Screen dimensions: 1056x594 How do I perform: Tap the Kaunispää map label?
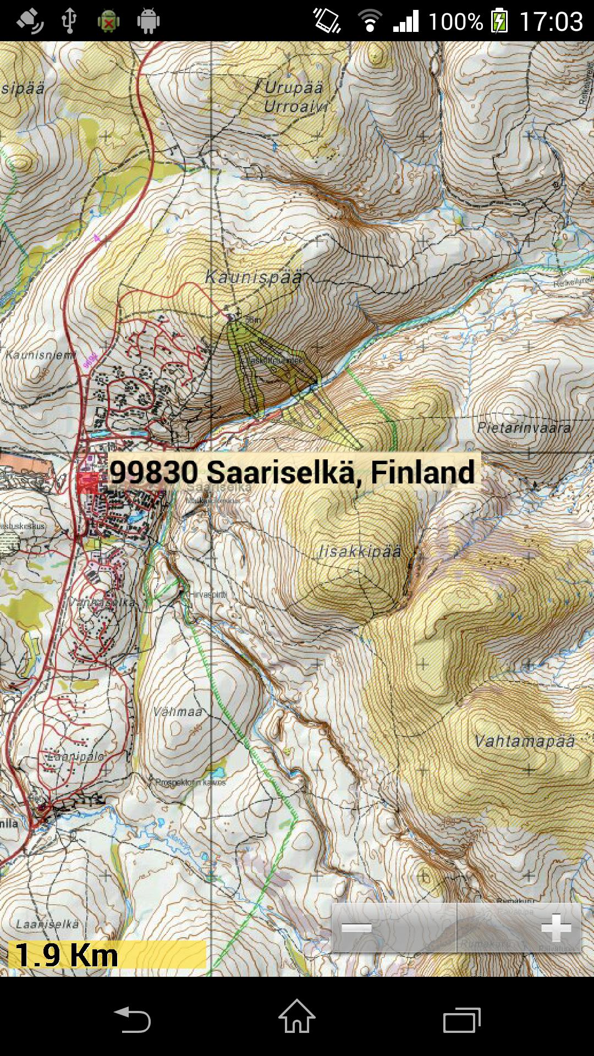click(254, 277)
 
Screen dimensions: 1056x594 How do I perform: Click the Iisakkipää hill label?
click(360, 552)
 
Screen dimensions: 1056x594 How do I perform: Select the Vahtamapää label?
click(524, 741)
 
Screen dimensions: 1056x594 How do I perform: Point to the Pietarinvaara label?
click(524, 428)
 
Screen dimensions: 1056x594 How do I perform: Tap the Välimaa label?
click(178, 712)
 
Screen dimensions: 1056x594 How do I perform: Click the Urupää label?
click(294, 88)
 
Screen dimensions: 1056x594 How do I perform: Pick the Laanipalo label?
click(75, 757)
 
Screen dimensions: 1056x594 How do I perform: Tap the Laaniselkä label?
click(47, 924)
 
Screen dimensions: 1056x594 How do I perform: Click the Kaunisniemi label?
click(40, 355)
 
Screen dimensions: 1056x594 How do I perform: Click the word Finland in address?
click(422, 472)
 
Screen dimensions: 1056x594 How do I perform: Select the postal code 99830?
click(153, 472)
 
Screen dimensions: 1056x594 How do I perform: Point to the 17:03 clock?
click(551, 22)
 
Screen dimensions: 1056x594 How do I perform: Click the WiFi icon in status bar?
click(370, 21)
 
